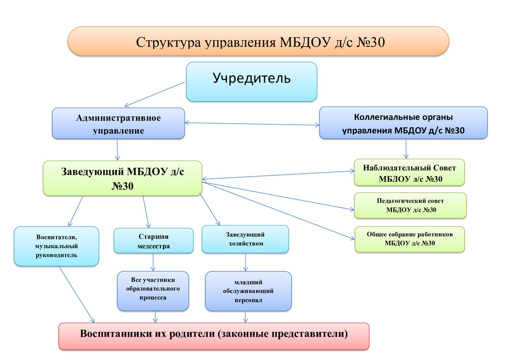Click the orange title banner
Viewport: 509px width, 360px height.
258,41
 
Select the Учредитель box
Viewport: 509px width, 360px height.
251,81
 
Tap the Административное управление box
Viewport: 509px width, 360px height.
119,123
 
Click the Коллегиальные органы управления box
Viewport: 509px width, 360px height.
404,123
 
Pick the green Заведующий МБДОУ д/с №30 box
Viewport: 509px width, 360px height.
123,178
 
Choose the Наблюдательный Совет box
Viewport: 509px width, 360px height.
409,173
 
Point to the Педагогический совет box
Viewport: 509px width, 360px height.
410,206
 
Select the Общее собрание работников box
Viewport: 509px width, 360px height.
410,239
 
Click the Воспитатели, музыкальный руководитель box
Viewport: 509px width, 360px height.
56,246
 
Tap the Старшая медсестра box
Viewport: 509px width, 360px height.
154,240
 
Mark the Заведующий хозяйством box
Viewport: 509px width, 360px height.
245,239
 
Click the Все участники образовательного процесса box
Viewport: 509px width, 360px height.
153,291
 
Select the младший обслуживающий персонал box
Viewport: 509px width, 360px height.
248,291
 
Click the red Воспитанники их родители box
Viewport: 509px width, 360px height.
214,336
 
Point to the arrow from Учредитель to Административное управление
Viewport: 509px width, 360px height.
155,95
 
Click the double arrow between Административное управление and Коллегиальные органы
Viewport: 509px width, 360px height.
252,124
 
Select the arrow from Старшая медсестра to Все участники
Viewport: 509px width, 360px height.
153,262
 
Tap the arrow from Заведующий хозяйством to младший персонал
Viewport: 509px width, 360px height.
245,262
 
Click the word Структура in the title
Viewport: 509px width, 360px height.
168,42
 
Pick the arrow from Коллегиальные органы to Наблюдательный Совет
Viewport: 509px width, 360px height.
406,149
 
